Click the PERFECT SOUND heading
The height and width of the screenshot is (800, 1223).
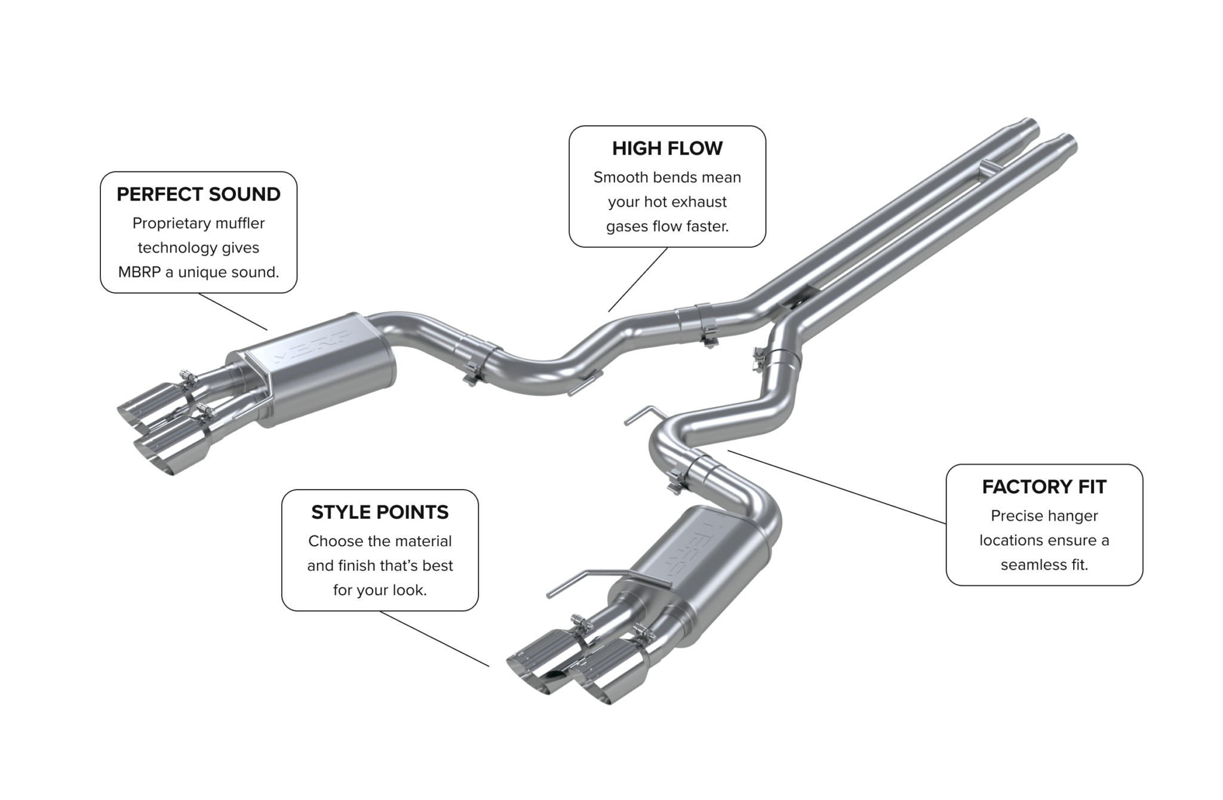coord(198,194)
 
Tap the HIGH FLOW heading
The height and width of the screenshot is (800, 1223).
coord(667,148)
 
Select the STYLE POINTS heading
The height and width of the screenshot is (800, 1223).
coord(380,512)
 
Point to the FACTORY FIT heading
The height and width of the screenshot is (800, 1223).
coord(1044,487)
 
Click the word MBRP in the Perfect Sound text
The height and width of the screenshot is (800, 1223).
coord(139,272)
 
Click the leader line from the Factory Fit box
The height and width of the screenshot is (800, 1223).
coord(836,487)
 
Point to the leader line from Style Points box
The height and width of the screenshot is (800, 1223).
coord(434,638)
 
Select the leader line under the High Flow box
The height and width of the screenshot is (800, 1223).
coord(638,279)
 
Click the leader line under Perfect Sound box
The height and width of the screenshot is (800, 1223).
coord(233,311)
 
